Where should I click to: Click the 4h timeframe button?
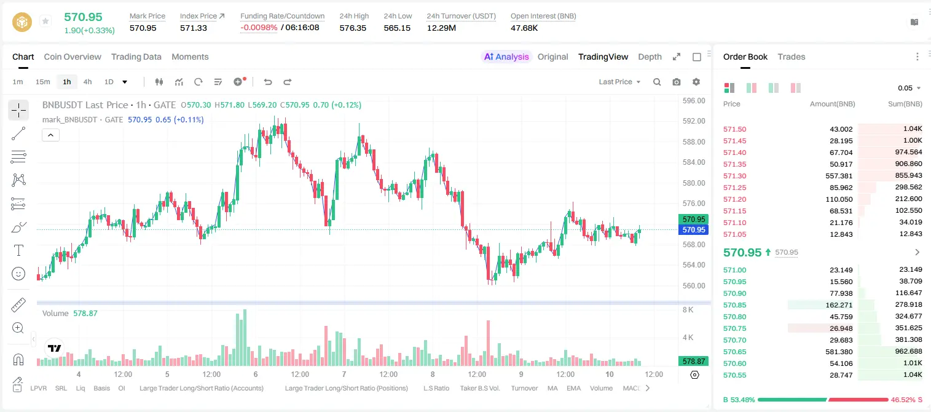[87, 82]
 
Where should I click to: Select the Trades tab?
[792, 57]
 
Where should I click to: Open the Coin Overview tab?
[73, 57]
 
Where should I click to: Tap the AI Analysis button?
[506, 57]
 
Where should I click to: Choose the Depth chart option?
[650, 57]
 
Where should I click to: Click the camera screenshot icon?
[677, 82]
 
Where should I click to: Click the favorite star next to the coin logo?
[45, 21]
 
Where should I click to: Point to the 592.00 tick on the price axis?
[694, 121]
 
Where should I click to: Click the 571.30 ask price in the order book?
[734, 176]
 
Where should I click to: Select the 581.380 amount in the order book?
[839, 352]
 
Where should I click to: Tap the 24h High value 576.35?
[353, 28]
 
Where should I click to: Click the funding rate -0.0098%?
[259, 28]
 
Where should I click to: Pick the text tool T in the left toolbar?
[18, 250]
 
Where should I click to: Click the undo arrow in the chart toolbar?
[268, 82]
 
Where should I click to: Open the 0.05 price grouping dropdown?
[909, 88]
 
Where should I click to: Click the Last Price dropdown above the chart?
[619, 82]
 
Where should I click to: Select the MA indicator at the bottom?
[552, 388]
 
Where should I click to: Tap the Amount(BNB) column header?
[833, 104]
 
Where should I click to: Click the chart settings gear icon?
[696, 82]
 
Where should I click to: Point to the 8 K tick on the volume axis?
[688, 310]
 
